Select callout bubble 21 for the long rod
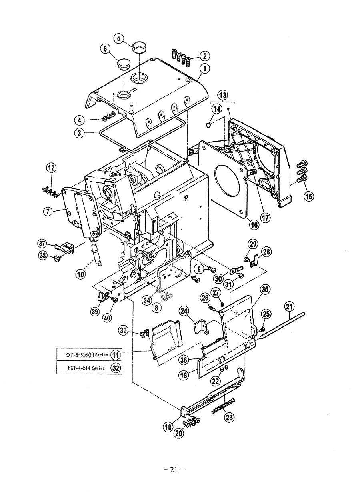pos(289,307)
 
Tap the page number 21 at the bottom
pos(173,470)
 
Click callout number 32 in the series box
pos(115,368)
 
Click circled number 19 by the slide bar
pos(168,427)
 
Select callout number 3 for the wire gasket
pos(81,133)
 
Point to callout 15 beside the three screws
pos(308,196)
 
